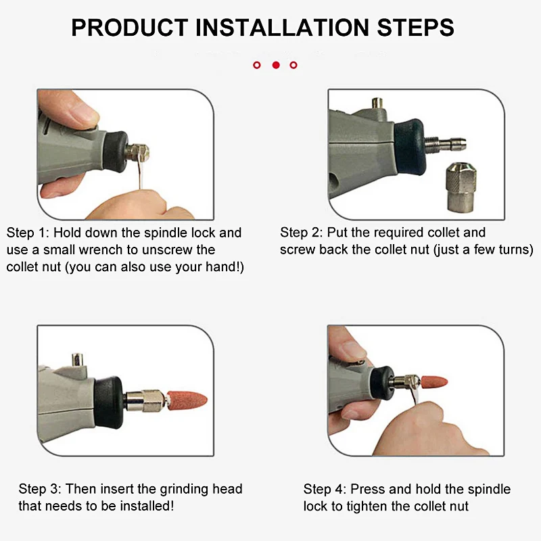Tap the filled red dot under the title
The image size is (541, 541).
275,65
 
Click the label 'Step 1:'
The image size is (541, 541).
28,233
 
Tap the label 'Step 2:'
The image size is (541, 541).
301,233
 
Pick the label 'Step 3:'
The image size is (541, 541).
40,489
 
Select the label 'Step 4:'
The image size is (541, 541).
325,489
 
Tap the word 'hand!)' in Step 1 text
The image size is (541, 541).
226,268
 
